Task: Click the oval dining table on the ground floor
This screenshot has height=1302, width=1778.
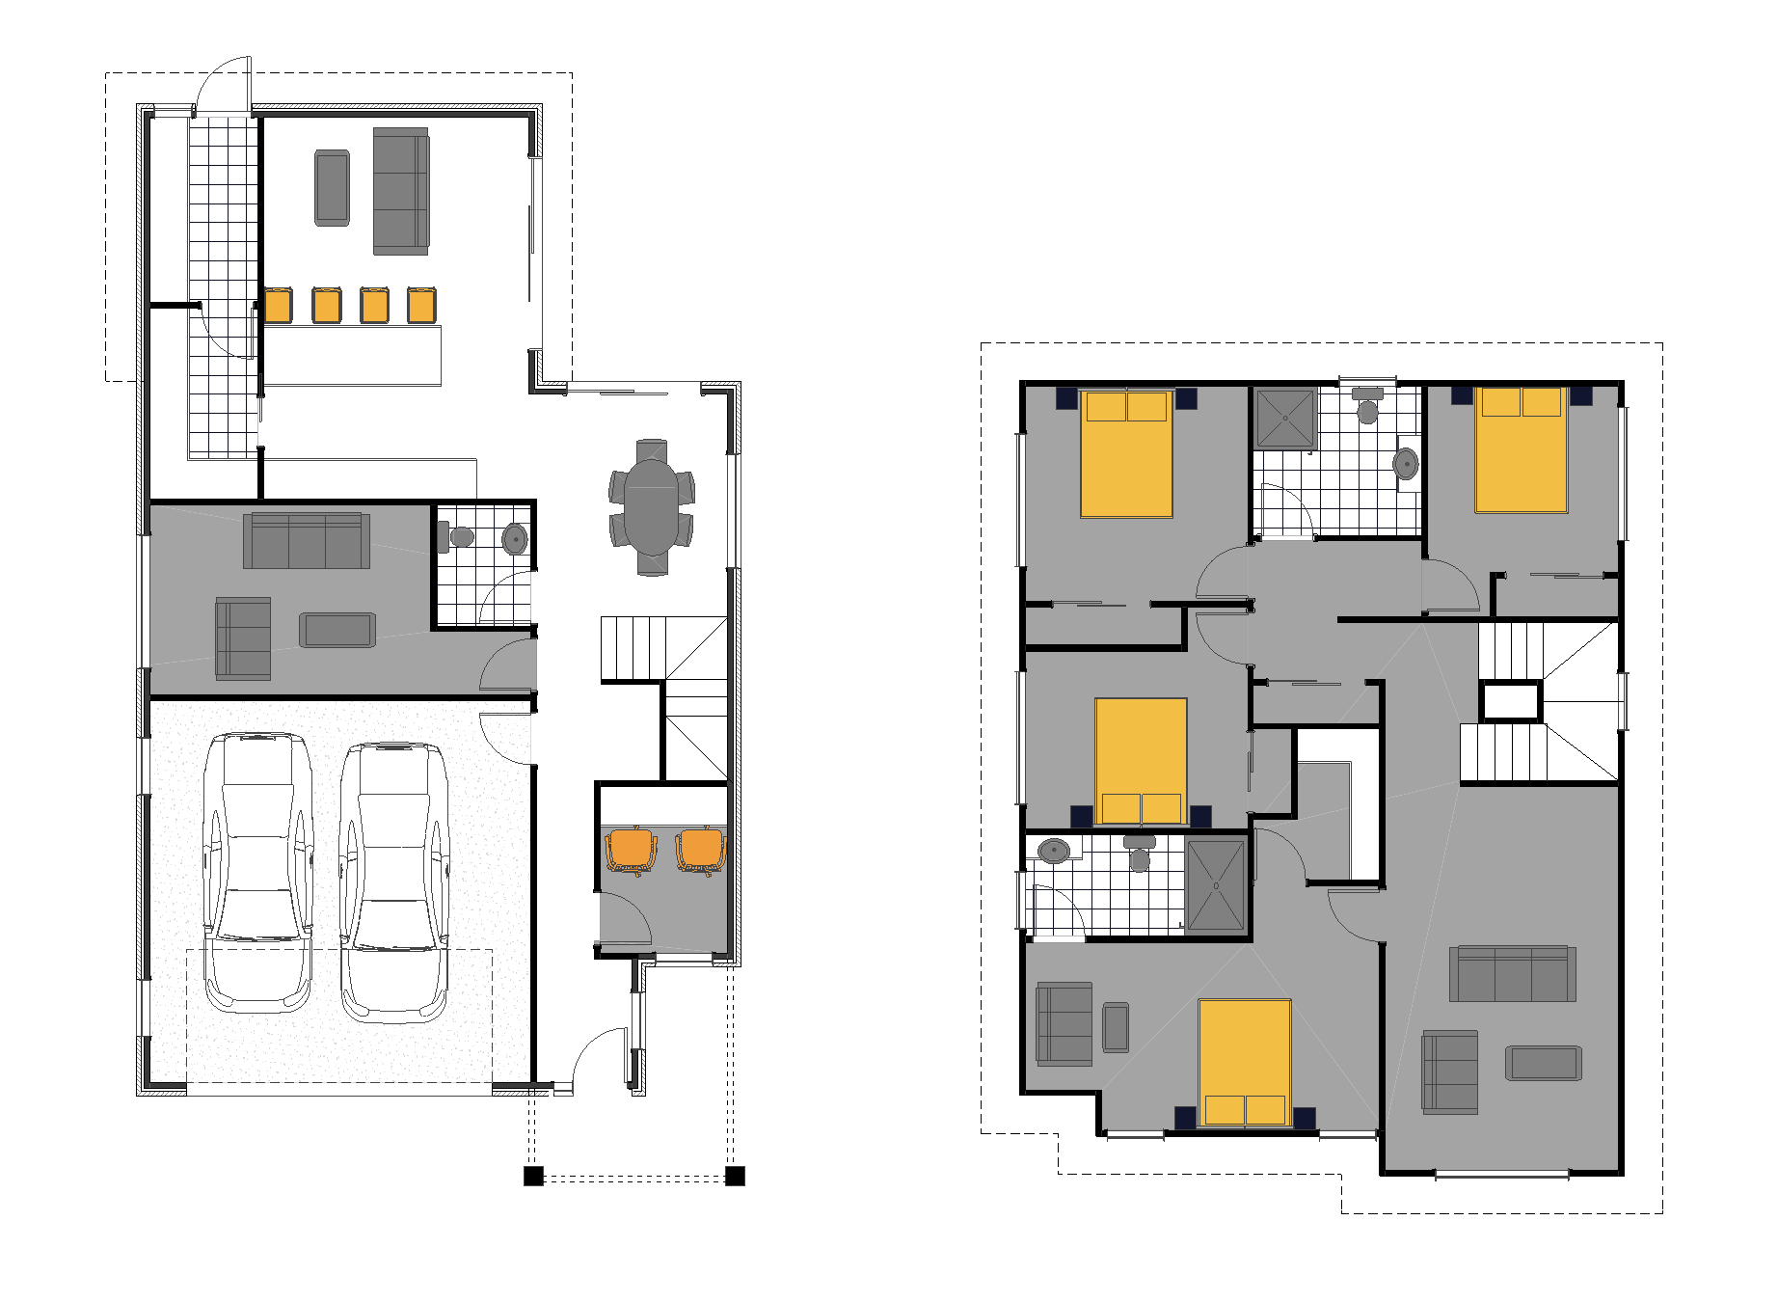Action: pyautogui.click(x=652, y=507)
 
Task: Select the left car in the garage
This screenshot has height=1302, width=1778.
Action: pyautogui.click(x=257, y=873)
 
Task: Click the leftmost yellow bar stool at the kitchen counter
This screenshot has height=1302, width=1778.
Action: pyautogui.click(x=278, y=305)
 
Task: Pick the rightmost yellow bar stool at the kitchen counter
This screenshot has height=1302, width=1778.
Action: pyautogui.click(x=420, y=305)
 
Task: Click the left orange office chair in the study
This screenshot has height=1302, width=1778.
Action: pyautogui.click(x=631, y=851)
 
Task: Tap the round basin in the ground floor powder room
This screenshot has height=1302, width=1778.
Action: pyautogui.click(x=515, y=538)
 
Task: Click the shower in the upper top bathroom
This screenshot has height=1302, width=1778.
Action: pyautogui.click(x=1284, y=419)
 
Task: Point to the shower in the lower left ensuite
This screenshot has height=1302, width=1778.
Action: pyautogui.click(x=1215, y=885)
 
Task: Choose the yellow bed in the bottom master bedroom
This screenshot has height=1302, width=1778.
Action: pyautogui.click(x=1244, y=1061)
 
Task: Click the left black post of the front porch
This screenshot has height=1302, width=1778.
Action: pyautogui.click(x=533, y=1176)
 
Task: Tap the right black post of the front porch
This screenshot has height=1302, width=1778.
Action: pyautogui.click(x=735, y=1176)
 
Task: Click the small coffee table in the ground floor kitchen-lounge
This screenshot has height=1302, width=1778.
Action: pyautogui.click(x=333, y=188)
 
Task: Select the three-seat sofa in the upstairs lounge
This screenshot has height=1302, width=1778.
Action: pyautogui.click(x=1512, y=974)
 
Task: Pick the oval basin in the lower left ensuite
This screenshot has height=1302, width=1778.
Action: pyautogui.click(x=1054, y=851)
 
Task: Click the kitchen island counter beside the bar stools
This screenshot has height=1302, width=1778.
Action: pyautogui.click(x=352, y=355)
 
